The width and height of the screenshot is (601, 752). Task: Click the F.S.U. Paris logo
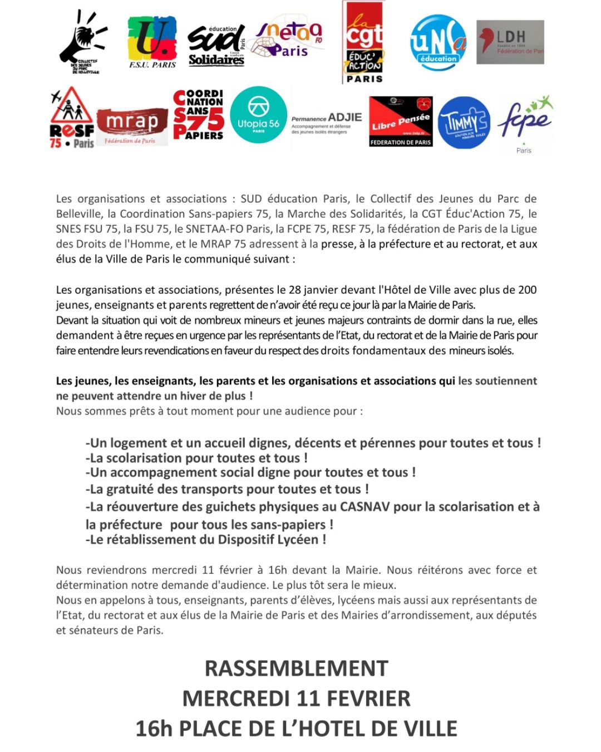click(152, 42)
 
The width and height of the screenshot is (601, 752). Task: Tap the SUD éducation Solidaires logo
click(216, 45)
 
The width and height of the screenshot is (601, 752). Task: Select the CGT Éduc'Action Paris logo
click(364, 42)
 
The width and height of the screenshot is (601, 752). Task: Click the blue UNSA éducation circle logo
click(438, 43)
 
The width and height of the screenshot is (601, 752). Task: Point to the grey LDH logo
click(510, 42)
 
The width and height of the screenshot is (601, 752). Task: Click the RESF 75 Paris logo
click(72, 118)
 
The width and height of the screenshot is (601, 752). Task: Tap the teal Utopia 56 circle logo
click(258, 115)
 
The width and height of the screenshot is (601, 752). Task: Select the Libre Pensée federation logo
click(401, 121)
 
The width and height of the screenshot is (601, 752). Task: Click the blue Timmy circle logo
click(464, 123)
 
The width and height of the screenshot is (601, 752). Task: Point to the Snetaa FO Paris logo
click(288, 40)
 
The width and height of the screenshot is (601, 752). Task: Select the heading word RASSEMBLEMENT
click(296, 668)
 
